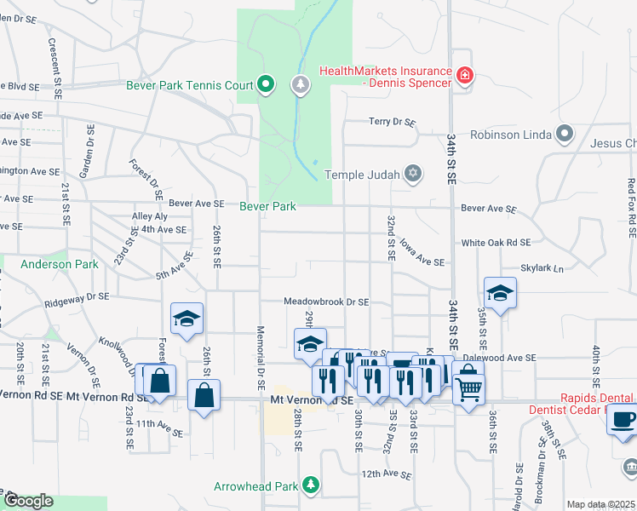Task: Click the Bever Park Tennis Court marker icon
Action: pos(266,84)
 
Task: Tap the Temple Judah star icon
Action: pos(413,175)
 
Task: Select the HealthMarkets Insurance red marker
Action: pos(464,76)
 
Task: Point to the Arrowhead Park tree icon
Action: pos(312,485)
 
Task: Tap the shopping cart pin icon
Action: pos(468,389)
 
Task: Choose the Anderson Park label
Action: pos(60,264)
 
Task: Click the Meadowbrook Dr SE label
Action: pos(326,301)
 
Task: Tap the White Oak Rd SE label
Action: pos(496,243)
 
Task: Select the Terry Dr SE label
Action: pos(392,123)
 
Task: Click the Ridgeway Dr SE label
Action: pos(78,297)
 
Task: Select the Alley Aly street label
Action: pos(150,216)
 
